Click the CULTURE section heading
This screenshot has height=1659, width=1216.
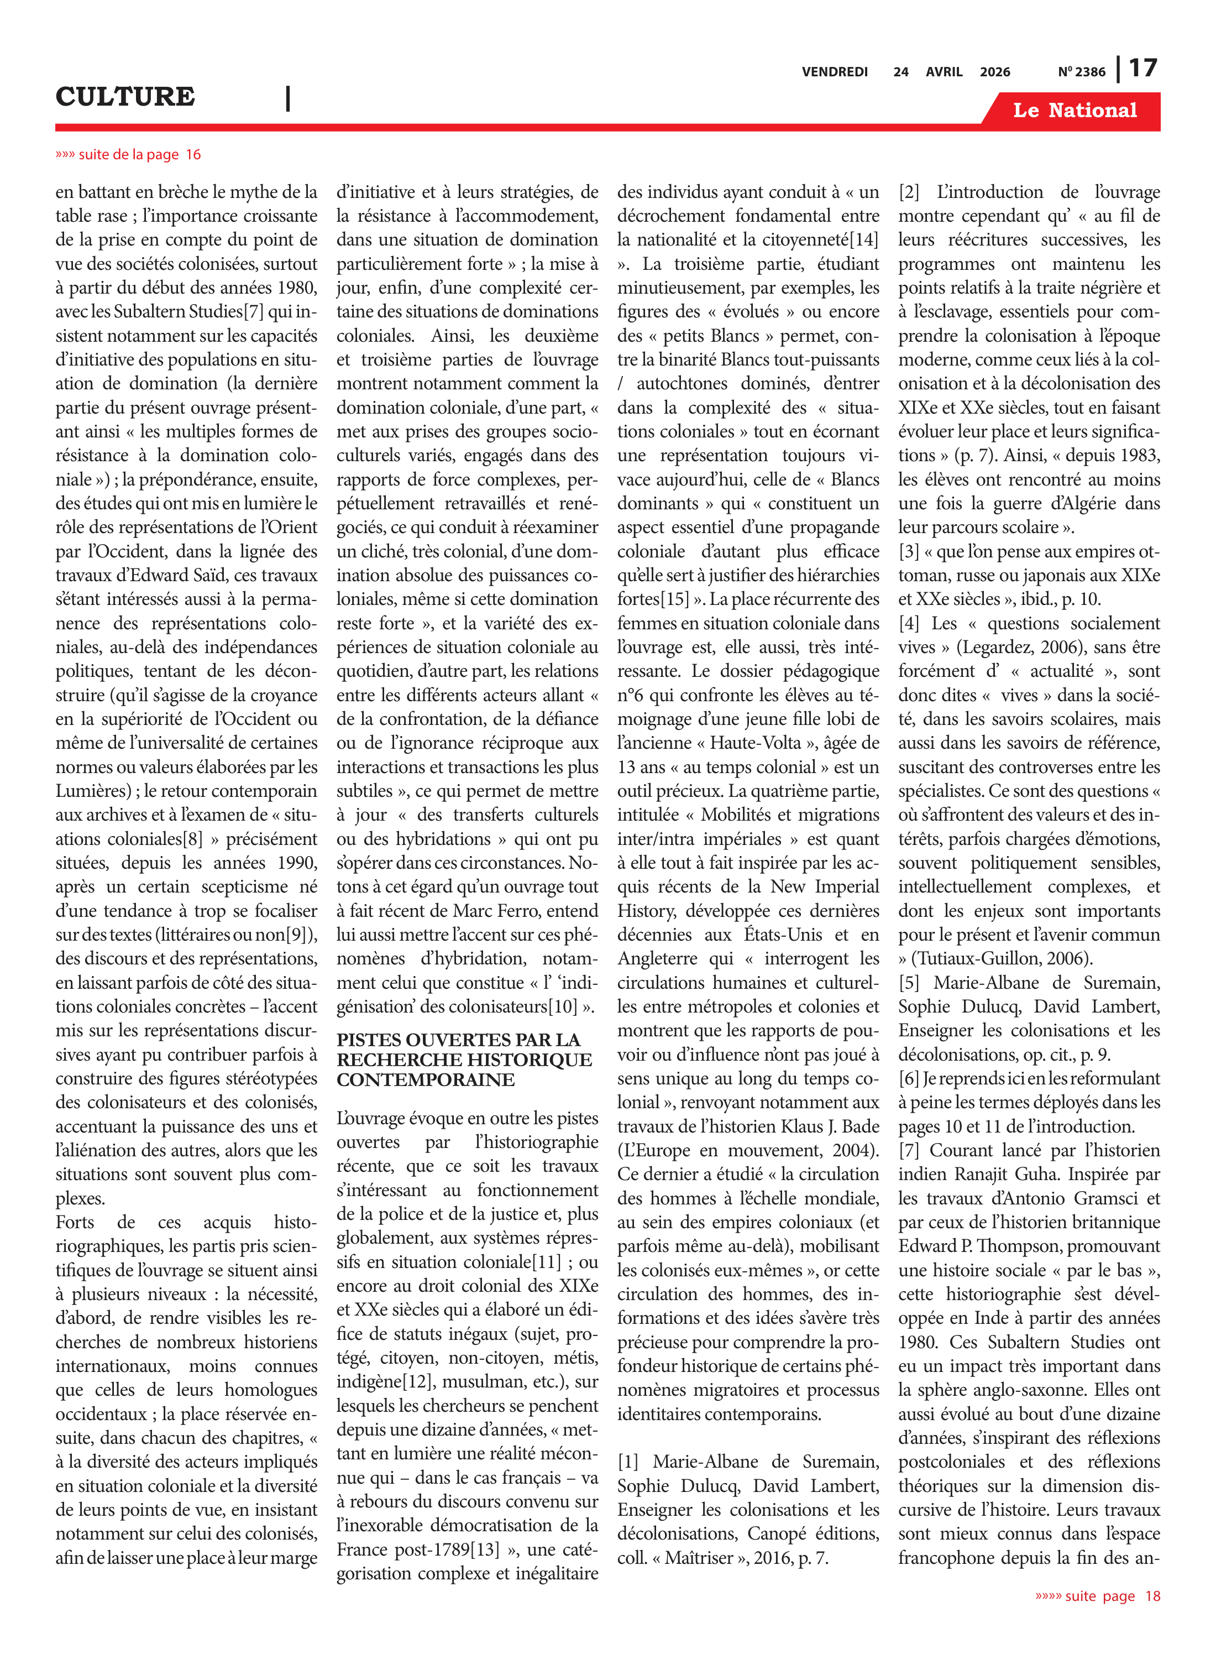coord(125,96)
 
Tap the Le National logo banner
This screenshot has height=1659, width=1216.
coord(1075,111)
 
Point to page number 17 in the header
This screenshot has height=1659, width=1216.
coord(1143,69)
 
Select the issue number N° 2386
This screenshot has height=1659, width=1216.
coord(1081,72)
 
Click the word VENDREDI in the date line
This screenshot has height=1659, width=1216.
coord(835,72)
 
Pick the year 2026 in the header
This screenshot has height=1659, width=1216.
coord(994,72)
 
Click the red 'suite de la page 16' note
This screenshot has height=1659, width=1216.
coord(128,155)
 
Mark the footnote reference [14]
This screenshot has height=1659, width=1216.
coord(863,239)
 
